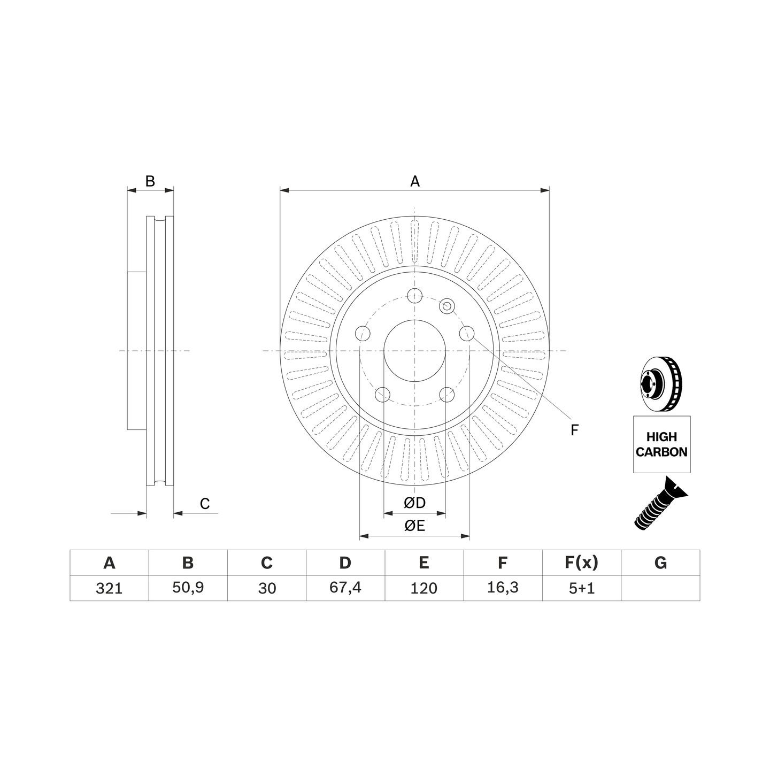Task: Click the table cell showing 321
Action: click(x=109, y=588)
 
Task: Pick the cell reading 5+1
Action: click(x=582, y=588)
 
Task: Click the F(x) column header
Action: click(x=582, y=563)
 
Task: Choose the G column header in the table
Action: click(x=660, y=563)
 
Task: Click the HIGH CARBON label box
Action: click(x=661, y=444)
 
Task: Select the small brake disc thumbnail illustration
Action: click(x=661, y=383)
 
